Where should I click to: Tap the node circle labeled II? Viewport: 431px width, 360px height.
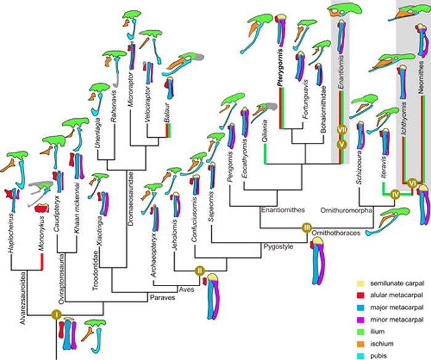point(199,270)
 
